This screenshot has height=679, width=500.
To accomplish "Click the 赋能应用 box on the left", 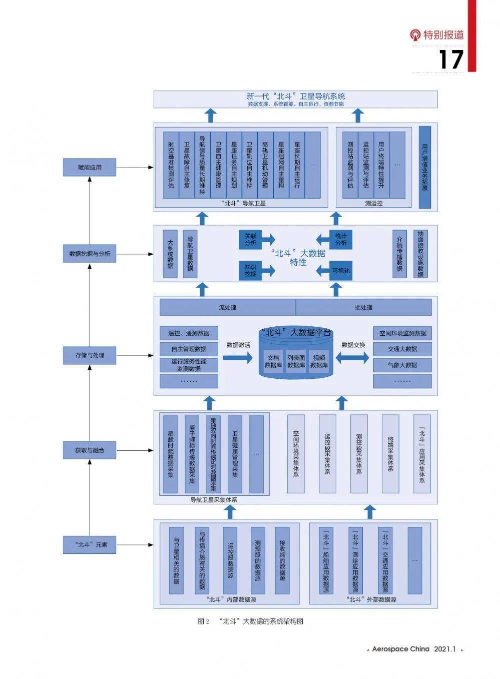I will click(x=90, y=168).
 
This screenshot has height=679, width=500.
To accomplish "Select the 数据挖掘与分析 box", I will click(x=90, y=254).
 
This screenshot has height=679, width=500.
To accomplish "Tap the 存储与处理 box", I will click(x=90, y=355).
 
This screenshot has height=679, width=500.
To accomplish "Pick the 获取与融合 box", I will click(x=90, y=450).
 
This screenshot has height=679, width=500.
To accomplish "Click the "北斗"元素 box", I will click(x=90, y=544).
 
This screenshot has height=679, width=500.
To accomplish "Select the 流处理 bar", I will click(x=228, y=307).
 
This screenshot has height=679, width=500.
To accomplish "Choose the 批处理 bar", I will click(x=363, y=307).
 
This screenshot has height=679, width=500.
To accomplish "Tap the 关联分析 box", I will click(x=250, y=239).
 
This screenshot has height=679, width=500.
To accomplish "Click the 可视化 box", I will click(x=341, y=271).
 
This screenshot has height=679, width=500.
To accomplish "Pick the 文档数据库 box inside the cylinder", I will click(x=273, y=361).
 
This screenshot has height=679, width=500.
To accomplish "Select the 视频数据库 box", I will click(x=319, y=361).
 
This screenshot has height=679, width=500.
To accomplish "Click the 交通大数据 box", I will click(x=402, y=349).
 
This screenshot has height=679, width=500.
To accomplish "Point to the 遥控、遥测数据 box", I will click(x=189, y=333).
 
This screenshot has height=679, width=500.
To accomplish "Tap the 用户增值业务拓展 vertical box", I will click(x=424, y=167).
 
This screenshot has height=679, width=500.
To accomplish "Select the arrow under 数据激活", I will click(x=238, y=358).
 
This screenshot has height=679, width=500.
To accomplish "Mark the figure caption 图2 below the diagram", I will click(x=250, y=621).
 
